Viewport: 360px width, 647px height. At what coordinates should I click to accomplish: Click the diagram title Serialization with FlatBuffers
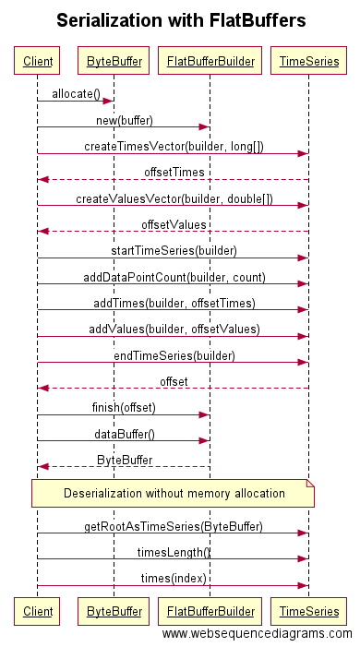[180, 20]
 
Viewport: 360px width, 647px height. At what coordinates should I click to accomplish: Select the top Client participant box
[37, 62]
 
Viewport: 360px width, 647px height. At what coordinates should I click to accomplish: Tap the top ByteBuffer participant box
[114, 62]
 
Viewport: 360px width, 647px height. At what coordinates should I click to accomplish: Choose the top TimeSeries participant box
[308, 62]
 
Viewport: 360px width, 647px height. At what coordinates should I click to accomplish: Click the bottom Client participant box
[37, 611]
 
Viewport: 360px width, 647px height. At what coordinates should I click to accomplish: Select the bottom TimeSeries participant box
[308, 611]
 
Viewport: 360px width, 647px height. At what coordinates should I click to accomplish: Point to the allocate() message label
[77, 94]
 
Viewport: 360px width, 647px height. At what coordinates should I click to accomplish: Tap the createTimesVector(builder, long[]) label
[174, 146]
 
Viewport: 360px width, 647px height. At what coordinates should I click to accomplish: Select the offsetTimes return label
[174, 172]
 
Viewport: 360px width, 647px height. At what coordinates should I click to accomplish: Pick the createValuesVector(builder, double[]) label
[174, 198]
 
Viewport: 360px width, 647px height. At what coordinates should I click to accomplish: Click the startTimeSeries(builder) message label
[174, 250]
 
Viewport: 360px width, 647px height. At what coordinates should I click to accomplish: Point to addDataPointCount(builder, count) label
[174, 276]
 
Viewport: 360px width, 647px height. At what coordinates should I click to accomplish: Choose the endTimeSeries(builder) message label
[174, 354]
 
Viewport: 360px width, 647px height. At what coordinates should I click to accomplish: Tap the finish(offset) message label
[124, 407]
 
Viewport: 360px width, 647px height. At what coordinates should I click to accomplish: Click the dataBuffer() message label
[124, 433]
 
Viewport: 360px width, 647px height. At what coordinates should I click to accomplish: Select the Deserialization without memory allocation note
[174, 494]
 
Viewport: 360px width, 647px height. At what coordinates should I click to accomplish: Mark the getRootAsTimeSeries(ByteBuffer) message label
[174, 526]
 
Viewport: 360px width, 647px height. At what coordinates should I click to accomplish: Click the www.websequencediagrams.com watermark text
[257, 634]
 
